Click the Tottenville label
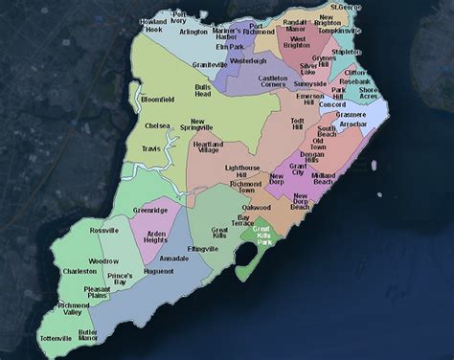(57, 338)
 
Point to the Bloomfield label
(157, 99)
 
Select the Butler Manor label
(88, 333)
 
